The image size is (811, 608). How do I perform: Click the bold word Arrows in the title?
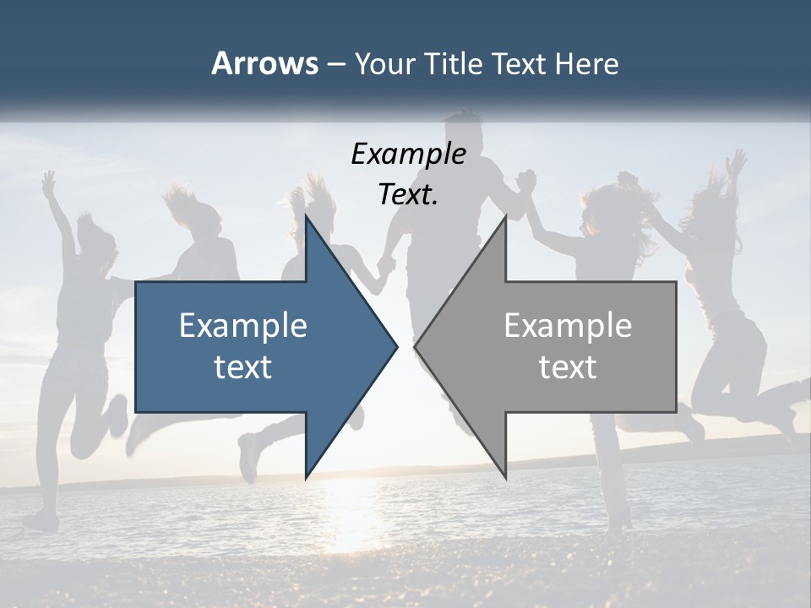click(x=264, y=63)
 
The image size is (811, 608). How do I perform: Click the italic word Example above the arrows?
click(x=408, y=155)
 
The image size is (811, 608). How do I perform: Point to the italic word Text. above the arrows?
click(x=408, y=194)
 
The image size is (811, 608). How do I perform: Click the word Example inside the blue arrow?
click(x=243, y=325)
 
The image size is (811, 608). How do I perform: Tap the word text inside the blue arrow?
click(x=243, y=366)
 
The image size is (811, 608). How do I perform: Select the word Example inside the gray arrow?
click(x=568, y=325)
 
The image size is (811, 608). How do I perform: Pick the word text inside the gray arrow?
click(x=568, y=366)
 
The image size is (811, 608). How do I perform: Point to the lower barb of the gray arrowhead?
click(x=505, y=475)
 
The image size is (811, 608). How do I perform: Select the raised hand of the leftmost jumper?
click(x=49, y=180)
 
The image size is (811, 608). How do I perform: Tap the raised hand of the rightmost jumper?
click(x=738, y=160)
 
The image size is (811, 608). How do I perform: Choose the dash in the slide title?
click(x=335, y=64)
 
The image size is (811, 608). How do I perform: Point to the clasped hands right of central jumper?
click(x=525, y=179)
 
